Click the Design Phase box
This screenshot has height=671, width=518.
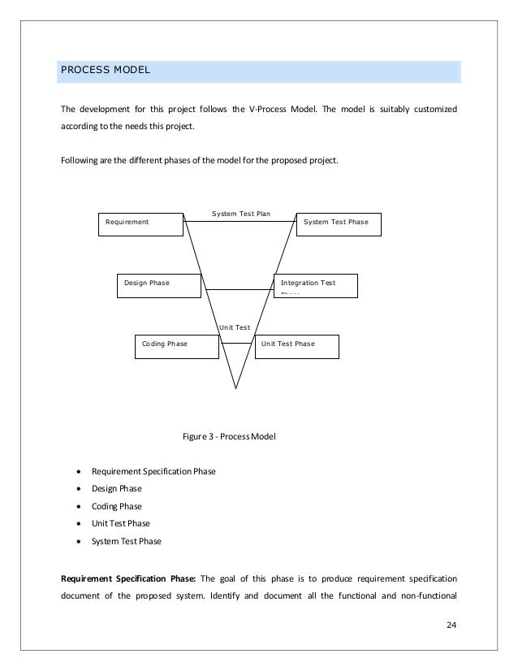pos(160,285)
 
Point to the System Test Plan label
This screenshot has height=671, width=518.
pos(240,214)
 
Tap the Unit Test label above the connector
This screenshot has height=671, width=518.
pos(235,327)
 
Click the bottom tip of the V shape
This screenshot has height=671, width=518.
pos(236,388)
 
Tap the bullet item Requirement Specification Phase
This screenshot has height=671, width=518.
pos(153,470)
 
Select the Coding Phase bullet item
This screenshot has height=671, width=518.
pos(117,506)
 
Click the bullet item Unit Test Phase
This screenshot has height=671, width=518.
pos(120,524)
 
